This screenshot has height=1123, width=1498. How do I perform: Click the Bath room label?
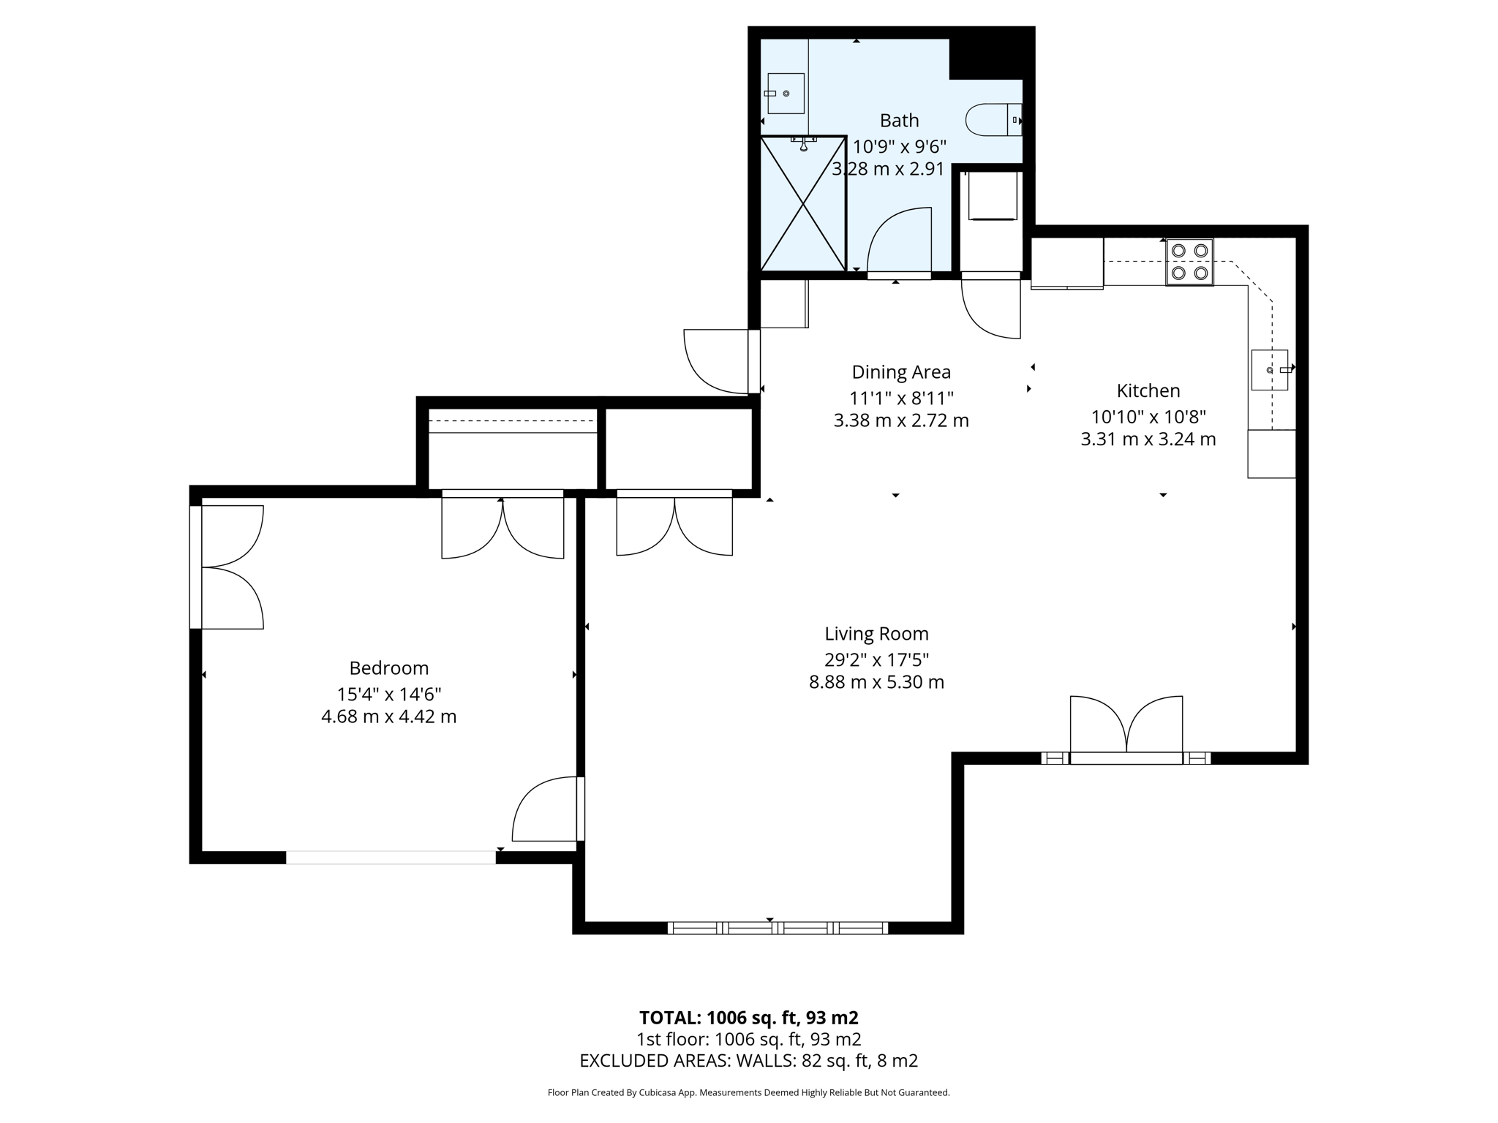click(x=899, y=121)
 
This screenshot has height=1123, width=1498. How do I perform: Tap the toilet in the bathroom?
click(x=992, y=120)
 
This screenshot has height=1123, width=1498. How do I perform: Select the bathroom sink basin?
click(x=786, y=94)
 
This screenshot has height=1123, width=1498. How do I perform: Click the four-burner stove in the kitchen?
click(x=1189, y=262)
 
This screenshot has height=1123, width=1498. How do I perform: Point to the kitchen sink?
click(x=1269, y=370)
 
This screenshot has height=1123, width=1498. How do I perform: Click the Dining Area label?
click(x=901, y=372)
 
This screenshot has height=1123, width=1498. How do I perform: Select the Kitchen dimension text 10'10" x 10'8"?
click(x=1148, y=417)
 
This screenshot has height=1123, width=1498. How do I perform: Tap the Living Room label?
click(x=876, y=634)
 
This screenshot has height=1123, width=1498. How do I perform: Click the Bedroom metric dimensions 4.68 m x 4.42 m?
click(x=388, y=716)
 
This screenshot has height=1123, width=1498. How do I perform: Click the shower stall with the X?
click(x=803, y=203)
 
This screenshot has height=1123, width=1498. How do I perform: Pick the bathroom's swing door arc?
click(x=900, y=241)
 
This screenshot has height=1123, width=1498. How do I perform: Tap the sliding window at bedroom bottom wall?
click(x=391, y=858)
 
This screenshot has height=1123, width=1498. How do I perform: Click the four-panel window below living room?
click(x=778, y=928)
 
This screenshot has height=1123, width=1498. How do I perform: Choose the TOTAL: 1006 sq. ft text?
click(x=748, y=1018)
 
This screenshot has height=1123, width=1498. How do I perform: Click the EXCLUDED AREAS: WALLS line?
click(x=748, y=1060)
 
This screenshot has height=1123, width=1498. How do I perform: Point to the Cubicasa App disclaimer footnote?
click(x=748, y=1092)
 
